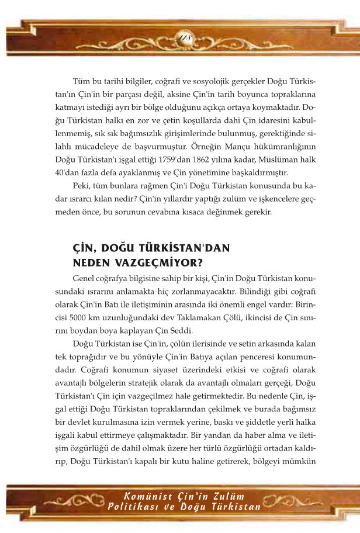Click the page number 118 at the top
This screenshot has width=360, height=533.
[180, 39]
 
